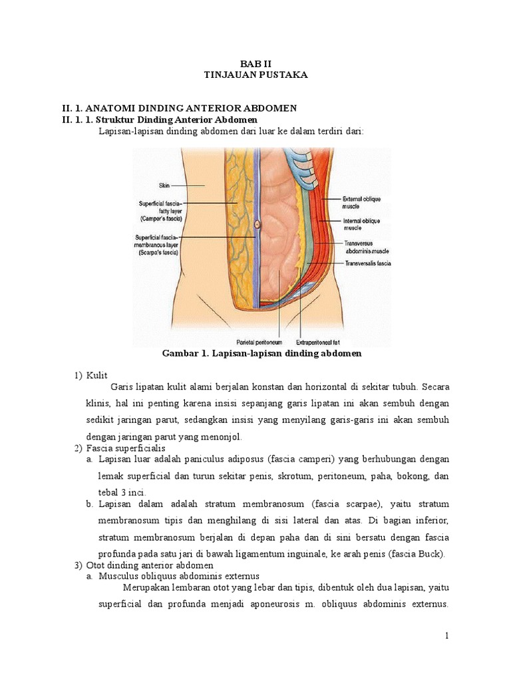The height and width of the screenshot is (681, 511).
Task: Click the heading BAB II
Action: coord(255,63)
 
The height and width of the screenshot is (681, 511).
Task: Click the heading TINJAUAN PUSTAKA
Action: coord(255,75)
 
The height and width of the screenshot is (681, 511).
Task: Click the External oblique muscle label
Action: coord(361,202)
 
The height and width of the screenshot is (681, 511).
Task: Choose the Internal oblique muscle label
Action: coord(361,224)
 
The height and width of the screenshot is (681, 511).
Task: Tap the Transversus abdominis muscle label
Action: coord(367,247)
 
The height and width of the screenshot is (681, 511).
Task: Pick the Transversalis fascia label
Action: coord(368,264)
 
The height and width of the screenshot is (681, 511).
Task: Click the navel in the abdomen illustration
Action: coord(257,225)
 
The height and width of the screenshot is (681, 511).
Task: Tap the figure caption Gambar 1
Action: coord(261,354)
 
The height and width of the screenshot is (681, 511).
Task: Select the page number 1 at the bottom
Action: coord(448,636)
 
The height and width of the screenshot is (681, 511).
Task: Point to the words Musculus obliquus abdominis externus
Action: coord(178,576)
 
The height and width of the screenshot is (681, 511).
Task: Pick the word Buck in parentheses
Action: coord(435,554)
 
